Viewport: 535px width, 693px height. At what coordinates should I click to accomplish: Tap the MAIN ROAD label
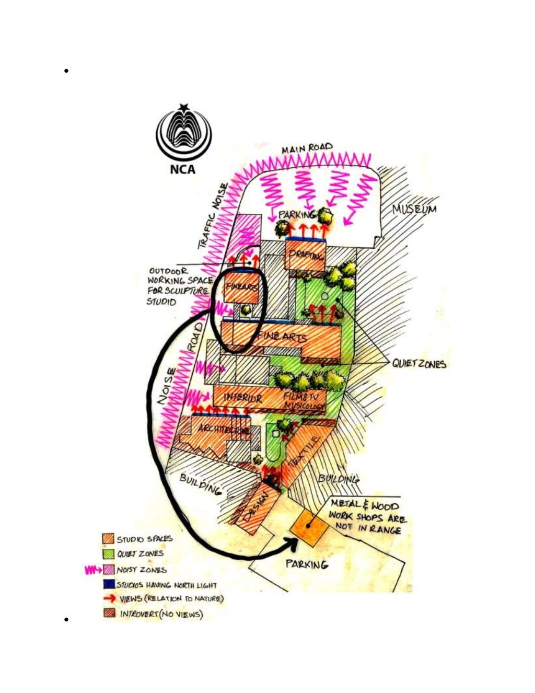(x=307, y=148)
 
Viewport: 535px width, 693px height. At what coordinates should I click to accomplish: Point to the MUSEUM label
(x=414, y=210)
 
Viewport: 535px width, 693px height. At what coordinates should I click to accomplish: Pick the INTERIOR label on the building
(x=243, y=398)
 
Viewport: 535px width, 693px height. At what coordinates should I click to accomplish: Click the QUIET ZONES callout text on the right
(x=419, y=364)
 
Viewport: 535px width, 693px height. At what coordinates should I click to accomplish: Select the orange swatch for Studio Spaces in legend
(x=109, y=539)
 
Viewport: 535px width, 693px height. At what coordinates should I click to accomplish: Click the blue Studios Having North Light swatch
(x=109, y=584)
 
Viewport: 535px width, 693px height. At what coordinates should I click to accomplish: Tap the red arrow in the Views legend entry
(x=109, y=599)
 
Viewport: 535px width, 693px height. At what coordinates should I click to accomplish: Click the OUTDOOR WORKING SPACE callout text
(x=179, y=286)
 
